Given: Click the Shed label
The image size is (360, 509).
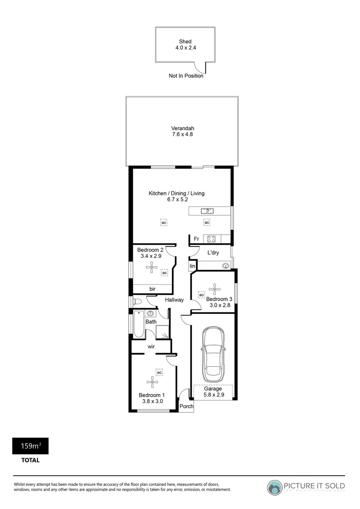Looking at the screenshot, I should click(x=185, y=41).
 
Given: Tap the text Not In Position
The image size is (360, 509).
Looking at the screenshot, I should click(x=186, y=76).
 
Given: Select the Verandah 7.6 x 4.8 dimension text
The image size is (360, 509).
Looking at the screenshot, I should click(x=182, y=134).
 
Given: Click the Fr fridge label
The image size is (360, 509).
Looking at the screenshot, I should click(x=196, y=239).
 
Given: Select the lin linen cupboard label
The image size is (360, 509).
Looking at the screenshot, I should click(x=192, y=267).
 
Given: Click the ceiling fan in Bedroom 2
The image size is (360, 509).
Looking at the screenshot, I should click(x=151, y=268).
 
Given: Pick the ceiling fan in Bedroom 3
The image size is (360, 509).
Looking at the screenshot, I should click(x=215, y=288).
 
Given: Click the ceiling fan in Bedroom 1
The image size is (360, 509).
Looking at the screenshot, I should click(x=151, y=381).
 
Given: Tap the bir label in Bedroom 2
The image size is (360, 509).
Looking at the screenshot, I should click(x=152, y=289).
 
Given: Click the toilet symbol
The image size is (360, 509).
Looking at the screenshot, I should click(x=137, y=301).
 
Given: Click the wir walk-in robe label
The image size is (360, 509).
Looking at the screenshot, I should click(x=152, y=347).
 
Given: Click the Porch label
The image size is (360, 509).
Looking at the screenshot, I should click(x=187, y=406).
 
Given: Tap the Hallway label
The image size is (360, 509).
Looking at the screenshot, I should click(x=174, y=300).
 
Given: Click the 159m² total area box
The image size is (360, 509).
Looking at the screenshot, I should click(x=30, y=446).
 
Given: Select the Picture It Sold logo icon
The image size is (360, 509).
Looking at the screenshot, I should click(x=275, y=487).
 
